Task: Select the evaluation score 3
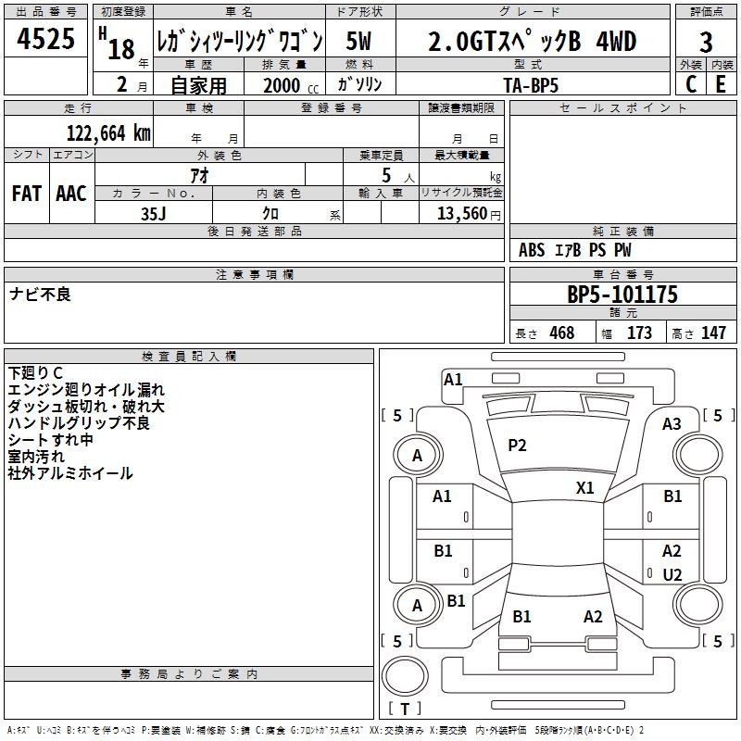[x=706, y=42]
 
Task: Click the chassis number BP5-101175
[x=622, y=295]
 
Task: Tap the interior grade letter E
[x=720, y=84]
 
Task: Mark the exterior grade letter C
[x=690, y=84]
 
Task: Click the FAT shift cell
[x=27, y=193]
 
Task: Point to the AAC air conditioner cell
[x=71, y=193]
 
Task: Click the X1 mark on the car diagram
[x=585, y=487]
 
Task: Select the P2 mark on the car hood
[x=517, y=446]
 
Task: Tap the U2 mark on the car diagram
[x=672, y=574]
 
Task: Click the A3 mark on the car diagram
[x=672, y=424]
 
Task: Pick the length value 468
[x=561, y=333]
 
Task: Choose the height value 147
[x=713, y=333]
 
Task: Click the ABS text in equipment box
[x=532, y=250]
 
